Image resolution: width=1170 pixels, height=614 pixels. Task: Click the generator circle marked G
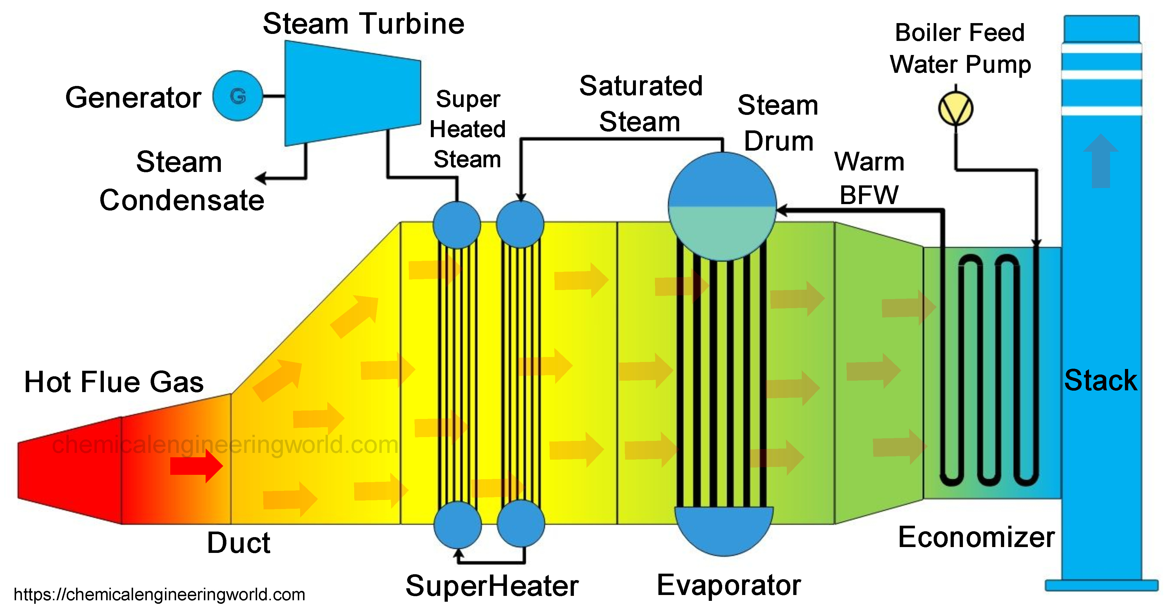(238, 96)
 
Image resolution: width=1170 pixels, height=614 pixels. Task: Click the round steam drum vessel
(722, 207)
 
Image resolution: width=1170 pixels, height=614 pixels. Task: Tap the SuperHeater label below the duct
(492, 586)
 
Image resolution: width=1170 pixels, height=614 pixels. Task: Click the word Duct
(238, 543)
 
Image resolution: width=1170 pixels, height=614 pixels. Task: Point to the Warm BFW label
(869, 178)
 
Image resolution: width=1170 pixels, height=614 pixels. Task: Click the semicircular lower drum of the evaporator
(724, 529)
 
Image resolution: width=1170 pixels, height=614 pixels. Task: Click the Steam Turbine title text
(363, 24)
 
